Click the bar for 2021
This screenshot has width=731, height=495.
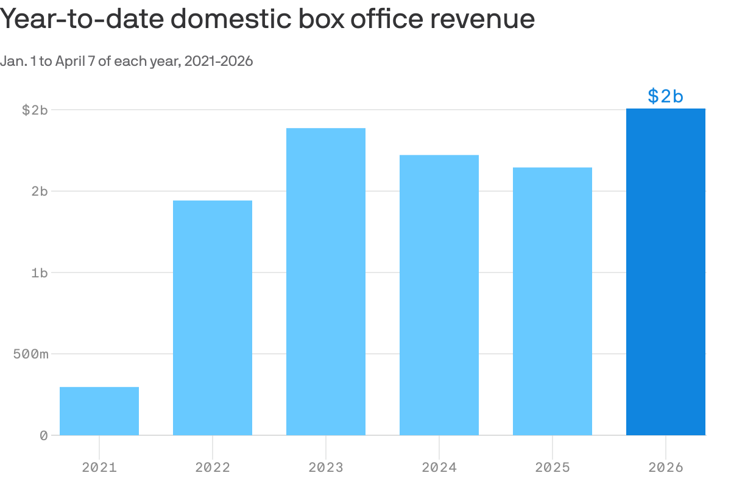point(99,411)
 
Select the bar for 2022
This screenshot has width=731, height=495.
point(213,318)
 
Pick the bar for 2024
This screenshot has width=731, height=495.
point(439,295)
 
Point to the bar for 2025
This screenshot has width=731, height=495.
point(553,301)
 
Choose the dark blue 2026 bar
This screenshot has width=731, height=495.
point(666,272)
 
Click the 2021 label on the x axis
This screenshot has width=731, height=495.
point(99,468)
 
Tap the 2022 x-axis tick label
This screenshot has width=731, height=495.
point(213,468)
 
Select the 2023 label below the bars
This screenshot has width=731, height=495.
point(326,468)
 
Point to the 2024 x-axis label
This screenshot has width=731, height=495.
point(439,468)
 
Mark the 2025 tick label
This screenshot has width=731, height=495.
point(553,468)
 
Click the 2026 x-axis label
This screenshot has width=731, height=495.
point(666,468)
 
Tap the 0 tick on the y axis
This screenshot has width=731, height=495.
point(43,435)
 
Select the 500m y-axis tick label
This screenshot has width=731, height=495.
point(30,354)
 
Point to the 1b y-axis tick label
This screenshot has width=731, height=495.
point(39,272)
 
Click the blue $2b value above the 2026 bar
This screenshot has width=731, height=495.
point(665,96)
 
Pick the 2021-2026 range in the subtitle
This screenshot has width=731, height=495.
point(218,61)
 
